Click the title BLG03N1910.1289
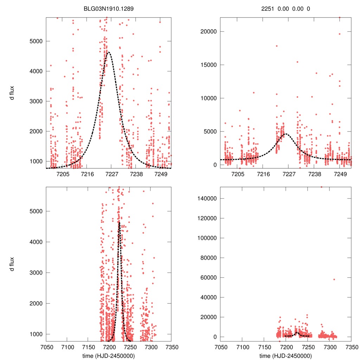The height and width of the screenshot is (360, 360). point(109,8)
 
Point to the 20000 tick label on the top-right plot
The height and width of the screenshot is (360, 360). point(207,32)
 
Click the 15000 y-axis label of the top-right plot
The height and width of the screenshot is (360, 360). point(207,65)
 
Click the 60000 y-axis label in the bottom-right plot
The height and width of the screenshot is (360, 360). point(207,277)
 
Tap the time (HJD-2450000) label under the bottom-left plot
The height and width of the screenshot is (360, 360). point(109,355)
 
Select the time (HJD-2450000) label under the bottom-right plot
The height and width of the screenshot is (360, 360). point(286,355)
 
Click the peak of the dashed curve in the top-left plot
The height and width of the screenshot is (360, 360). point(108,52)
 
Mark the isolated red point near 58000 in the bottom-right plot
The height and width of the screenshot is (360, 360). point(334,279)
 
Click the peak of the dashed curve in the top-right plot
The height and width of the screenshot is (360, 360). point(286,134)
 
